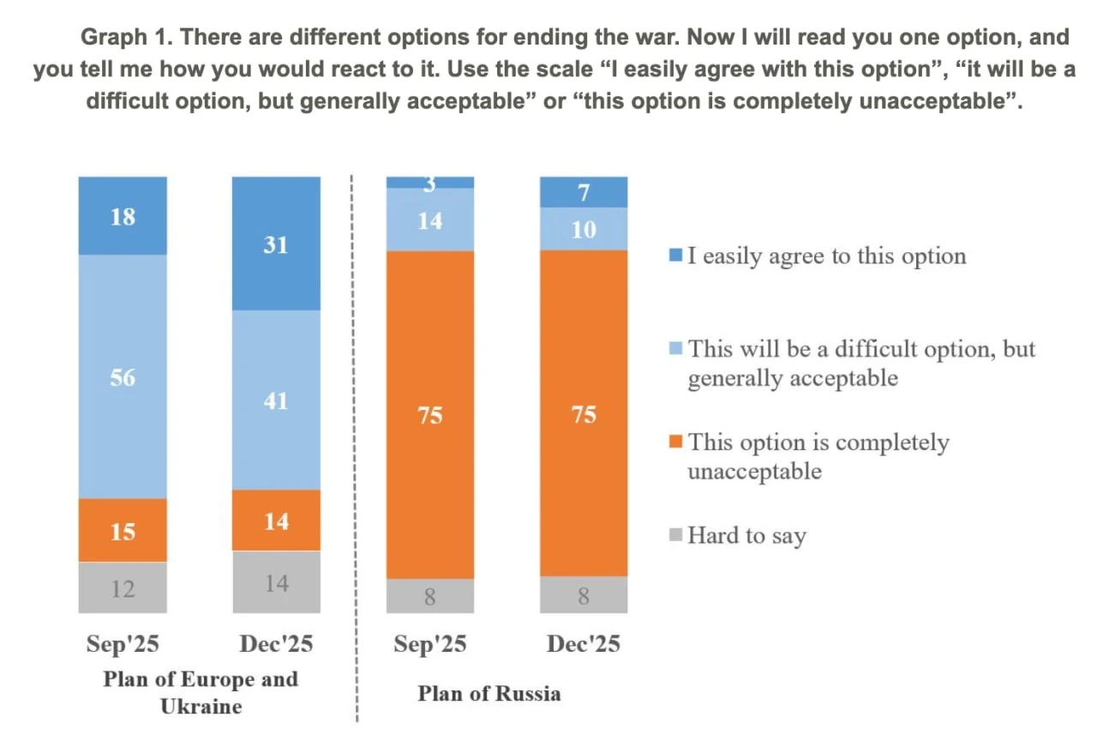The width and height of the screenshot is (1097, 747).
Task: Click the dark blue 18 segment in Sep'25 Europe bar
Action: pyautogui.click(x=123, y=216)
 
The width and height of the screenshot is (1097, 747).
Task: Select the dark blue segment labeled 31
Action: pyautogui.click(x=276, y=244)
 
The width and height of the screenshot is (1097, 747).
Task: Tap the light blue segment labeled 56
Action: pyautogui.click(x=123, y=377)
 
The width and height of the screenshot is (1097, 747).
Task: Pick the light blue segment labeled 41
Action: pyautogui.click(x=276, y=400)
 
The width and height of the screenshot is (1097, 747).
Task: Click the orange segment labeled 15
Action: pyautogui.click(x=123, y=530)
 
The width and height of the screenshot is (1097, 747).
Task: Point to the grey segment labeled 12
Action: pyautogui.click(x=123, y=587)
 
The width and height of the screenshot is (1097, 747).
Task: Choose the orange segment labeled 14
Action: pyautogui.click(x=276, y=520)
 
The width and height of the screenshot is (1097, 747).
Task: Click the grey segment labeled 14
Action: pyautogui.click(x=276, y=582)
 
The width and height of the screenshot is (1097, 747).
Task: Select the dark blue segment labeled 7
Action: pyautogui.click(x=584, y=192)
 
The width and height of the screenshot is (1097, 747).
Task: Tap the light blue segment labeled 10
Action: pyautogui.click(x=584, y=229)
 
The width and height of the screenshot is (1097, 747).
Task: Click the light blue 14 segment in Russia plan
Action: pyautogui.click(x=429, y=220)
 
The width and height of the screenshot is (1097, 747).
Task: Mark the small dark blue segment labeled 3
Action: pyautogui.click(x=429, y=182)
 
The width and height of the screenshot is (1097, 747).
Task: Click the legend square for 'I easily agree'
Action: pyautogui.click(x=676, y=256)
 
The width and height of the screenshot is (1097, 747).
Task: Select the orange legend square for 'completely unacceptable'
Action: pyautogui.click(x=676, y=442)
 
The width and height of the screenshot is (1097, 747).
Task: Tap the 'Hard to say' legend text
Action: pyautogui.click(x=746, y=536)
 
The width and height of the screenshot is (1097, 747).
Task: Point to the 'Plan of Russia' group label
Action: pyautogui.click(x=489, y=693)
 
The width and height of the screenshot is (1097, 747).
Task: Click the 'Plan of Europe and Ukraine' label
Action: pyautogui.click(x=201, y=692)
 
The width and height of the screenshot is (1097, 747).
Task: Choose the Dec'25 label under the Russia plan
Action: pyautogui.click(x=584, y=644)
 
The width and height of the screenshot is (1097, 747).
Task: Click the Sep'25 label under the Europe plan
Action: pyautogui.click(x=123, y=644)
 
